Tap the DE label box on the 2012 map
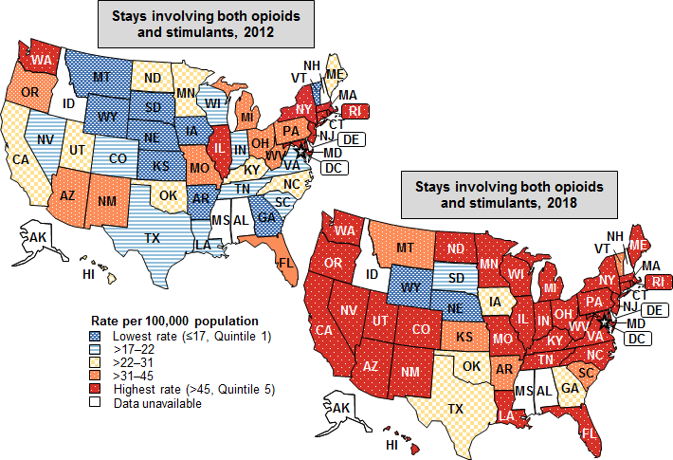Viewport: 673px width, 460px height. point(350,139)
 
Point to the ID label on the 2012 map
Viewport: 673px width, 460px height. point(68,102)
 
